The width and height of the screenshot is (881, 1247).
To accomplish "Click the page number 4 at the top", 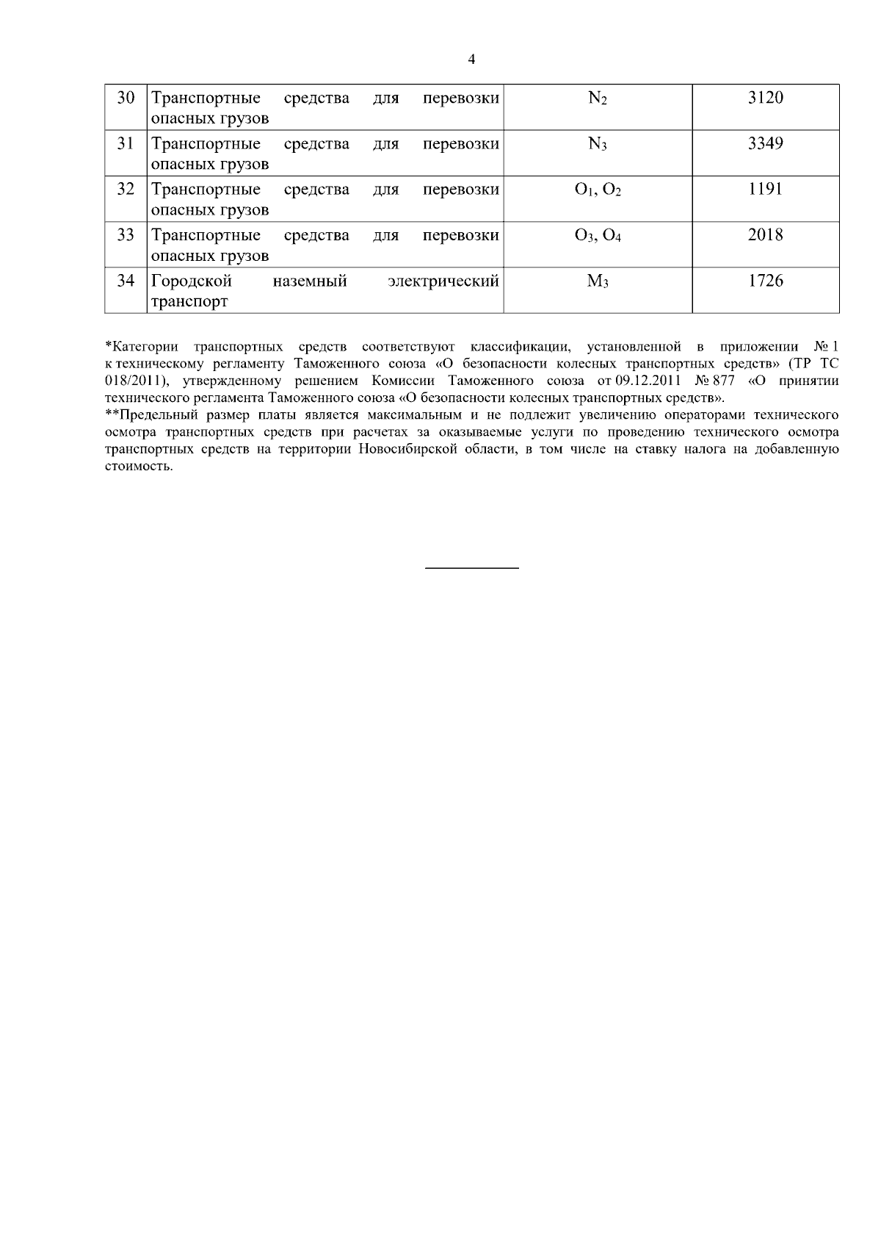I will (471, 60).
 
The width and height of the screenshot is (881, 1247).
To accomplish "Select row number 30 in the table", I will (126, 98).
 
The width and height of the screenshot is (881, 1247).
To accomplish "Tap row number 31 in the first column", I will (126, 143).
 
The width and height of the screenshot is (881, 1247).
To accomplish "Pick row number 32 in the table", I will (126, 189).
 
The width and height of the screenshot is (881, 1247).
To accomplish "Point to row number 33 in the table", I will (126, 235).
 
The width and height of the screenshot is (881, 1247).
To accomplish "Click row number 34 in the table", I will (126, 281).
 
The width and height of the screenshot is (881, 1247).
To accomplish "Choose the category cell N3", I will (598, 144).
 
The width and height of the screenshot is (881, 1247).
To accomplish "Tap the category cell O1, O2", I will (598, 190).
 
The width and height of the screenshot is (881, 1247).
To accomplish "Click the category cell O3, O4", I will (598, 236).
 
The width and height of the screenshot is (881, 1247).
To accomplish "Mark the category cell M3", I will (598, 281).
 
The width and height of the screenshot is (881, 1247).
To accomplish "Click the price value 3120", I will (765, 98).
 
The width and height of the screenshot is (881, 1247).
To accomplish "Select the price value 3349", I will (765, 143).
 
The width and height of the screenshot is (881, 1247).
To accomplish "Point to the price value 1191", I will (765, 189).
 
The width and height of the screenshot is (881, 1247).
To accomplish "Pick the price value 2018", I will (765, 235).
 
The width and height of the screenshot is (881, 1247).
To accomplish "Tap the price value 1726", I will (765, 281).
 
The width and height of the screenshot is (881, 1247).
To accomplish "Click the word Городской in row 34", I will (191, 281).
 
